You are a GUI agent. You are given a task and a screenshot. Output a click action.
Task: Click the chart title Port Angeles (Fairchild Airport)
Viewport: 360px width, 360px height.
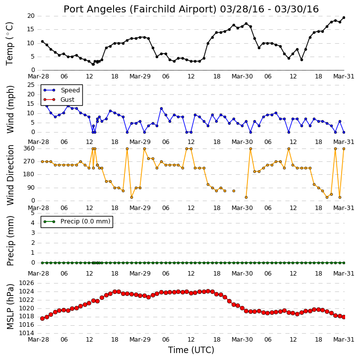[x=140, y=9]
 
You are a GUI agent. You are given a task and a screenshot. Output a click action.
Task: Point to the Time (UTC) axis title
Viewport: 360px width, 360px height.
[x=191, y=350]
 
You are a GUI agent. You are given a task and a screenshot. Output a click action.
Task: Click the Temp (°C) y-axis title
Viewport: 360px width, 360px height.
[x=9, y=44]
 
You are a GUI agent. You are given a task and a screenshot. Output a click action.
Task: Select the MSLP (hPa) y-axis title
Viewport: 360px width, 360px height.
[x=10, y=307]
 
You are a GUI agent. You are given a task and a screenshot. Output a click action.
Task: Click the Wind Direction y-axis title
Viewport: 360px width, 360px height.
[x=10, y=175]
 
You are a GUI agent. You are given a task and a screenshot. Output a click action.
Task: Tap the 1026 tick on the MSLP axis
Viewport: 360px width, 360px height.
[x=26, y=283]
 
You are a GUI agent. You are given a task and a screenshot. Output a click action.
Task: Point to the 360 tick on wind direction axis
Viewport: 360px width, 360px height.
[x=29, y=148]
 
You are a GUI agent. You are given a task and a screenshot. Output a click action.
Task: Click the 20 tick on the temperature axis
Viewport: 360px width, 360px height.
[x=31, y=16]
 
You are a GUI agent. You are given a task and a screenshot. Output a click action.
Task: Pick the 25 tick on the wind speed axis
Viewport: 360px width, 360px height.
[x=31, y=85]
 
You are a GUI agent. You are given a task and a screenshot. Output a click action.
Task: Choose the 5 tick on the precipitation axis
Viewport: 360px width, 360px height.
[x=33, y=213]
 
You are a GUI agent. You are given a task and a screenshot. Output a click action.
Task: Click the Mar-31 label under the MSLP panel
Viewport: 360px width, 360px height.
[x=344, y=340]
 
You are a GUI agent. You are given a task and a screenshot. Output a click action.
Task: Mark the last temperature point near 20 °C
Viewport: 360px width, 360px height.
[x=344, y=17]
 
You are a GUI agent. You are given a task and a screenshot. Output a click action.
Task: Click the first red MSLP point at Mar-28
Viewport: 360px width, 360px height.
[x=42, y=318]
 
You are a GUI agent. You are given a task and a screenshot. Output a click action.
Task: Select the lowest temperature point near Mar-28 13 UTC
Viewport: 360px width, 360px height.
[x=93, y=65]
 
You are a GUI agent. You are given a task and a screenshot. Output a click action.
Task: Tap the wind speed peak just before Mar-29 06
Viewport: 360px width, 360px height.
[x=161, y=109]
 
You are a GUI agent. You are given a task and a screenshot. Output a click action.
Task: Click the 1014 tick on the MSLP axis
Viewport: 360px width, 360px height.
[x=26, y=333]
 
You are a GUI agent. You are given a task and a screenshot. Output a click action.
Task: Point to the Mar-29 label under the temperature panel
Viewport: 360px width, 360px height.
[x=140, y=76]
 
